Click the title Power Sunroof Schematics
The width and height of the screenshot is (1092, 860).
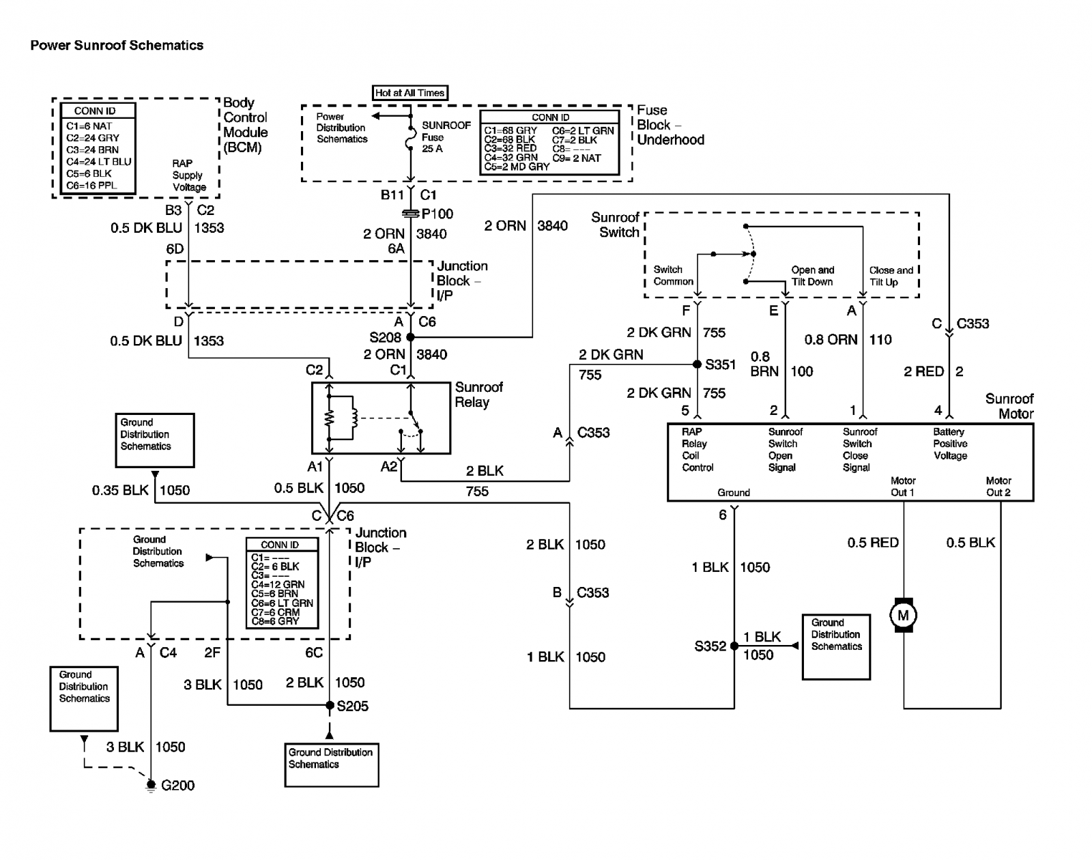[x=117, y=45]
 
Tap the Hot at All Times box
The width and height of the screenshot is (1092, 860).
[x=409, y=93]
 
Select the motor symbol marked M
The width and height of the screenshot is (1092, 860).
[x=903, y=615]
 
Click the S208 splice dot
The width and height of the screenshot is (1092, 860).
[x=410, y=337]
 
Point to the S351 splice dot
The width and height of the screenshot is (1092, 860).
[x=698, y=364]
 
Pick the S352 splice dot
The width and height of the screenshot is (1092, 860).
[x=734, y=646]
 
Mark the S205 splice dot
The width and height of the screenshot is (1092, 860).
[x=330, y=704]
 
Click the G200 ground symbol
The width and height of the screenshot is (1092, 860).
[x=151, y=786]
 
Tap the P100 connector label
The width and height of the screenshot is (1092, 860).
[x=437, y=214]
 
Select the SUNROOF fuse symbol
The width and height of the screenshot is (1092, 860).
[x=410, y=137]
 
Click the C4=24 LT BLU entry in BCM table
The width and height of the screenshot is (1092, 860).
[x=98, y=162]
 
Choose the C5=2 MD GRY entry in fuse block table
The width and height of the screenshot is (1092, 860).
[x=517, y=167]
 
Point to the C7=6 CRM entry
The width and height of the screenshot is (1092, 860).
[x=276, y=612]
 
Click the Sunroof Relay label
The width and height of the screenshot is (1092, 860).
[x=478, y=395]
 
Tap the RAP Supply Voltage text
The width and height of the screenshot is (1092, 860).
[x=189, y=175]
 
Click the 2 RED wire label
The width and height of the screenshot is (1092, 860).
[x=923, y=371]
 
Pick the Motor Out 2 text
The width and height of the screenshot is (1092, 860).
[x=998, y=487]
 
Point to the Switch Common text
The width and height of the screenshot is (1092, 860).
[x=674, y=275]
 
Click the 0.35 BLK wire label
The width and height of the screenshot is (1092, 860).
[x=120, y=490]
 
